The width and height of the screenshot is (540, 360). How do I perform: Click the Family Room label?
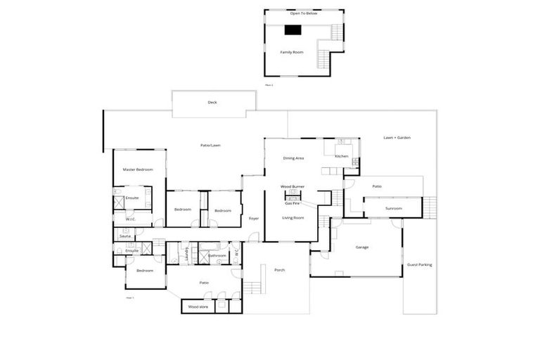(x=292, y=52)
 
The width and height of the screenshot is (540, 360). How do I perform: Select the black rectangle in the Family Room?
(x=292, y=30)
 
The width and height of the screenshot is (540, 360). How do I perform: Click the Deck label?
(x=212, y=103)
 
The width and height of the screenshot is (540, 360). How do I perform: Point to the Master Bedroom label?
(x=138, y=169)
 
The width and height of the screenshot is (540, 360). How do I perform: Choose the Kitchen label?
(x=342, y=156)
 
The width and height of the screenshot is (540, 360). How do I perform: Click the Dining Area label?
(x=293, y=158)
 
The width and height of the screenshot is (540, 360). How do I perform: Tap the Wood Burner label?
(x=292, y=186)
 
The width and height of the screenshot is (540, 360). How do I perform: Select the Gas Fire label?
(x=292, y=202)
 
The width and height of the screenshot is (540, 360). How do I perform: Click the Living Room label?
(x=292, y=218)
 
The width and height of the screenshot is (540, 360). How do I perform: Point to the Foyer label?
(x=254, y=218)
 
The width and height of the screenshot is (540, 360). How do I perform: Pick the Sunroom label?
(x=394, y=208)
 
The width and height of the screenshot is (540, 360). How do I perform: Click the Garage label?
(x=362, y=247)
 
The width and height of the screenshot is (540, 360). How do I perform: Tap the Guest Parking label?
(x=420, y=264)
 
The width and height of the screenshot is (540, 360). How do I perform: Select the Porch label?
(x=279, y=270)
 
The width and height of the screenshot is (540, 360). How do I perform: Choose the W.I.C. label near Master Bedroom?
(x=131, y=219)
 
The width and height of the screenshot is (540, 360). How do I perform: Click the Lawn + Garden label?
(x=397, y=138)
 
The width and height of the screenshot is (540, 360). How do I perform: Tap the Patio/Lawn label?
(x=211, y=146)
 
